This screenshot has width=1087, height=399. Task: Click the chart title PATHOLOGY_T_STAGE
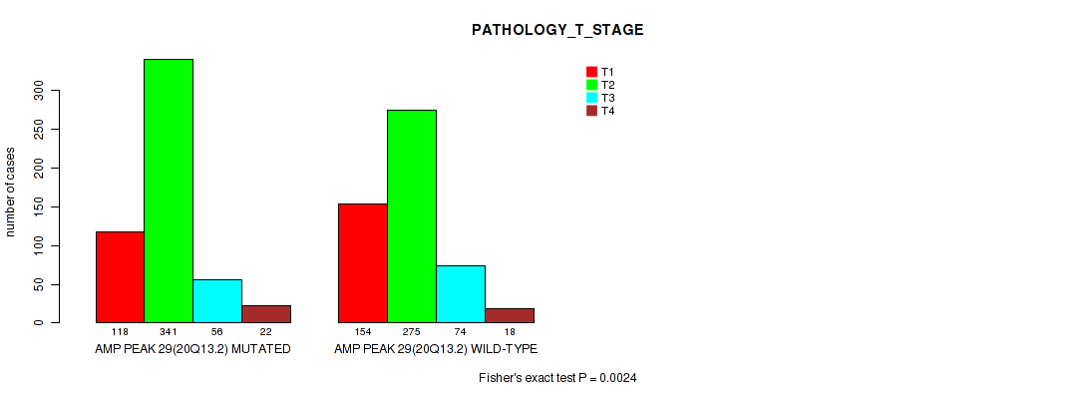click(557, 30)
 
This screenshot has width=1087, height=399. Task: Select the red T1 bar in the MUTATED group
click(120, 277)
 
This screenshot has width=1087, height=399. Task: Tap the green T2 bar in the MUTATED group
click(169, 191)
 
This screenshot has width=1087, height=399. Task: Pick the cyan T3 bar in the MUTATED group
click(217, 301)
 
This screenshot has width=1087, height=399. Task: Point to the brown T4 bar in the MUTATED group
click(266, 314)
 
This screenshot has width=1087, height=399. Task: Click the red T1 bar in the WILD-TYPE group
click(363, 263)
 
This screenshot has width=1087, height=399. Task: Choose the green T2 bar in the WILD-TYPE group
click(412, 216)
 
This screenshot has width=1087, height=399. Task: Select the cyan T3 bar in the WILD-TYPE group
click(461, 294)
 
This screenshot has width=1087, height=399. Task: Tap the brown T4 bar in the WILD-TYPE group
click(510, 316)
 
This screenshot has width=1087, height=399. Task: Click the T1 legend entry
click(600, 72)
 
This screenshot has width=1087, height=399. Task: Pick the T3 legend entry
click(600, 98)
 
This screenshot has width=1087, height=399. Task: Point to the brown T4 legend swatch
click(591, 111)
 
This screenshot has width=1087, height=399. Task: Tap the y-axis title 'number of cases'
click(10, 192)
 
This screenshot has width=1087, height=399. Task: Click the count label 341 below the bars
click(169, 333)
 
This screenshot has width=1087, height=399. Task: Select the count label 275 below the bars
click(412, 333)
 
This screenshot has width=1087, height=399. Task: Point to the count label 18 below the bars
click(510, 333)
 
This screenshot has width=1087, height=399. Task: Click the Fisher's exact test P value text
click(557, 378)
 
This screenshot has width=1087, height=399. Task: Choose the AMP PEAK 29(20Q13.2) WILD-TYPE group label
click(436, 348)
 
